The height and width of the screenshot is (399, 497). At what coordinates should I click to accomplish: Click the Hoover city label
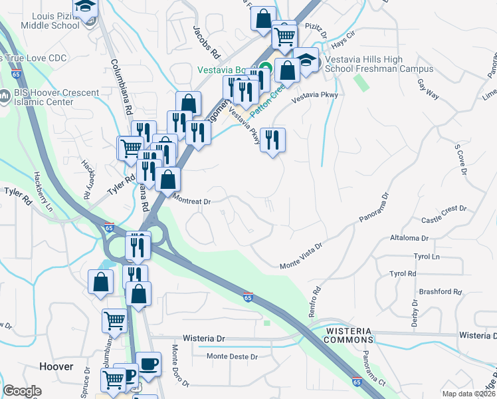tap(56, 366)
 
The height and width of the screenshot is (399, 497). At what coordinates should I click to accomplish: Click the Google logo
tap(23, 390)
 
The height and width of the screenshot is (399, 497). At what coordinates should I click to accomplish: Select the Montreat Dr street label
tap(191, 199)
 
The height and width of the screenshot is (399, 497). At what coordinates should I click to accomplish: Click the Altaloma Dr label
tap(411, 237)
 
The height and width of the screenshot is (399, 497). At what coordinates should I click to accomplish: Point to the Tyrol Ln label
tap(427, 256)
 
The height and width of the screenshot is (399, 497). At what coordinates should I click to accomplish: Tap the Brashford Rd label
tap(439, 292)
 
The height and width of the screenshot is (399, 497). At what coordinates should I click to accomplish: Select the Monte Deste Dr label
tap(232, 356)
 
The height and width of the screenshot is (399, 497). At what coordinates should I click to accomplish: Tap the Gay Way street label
tap(429, 90)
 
